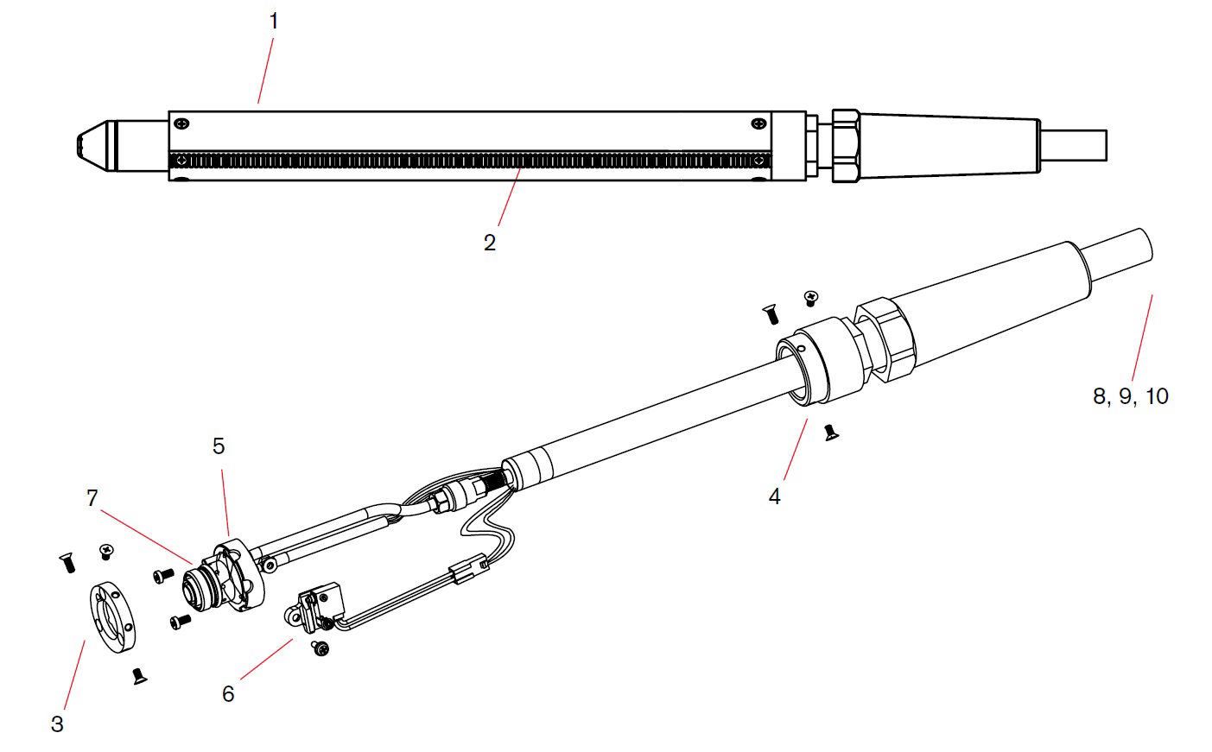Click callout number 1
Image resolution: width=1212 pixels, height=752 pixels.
(x=274, y=22)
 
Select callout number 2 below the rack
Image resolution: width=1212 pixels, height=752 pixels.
(x=490, y=243)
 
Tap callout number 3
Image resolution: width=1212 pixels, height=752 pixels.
(x=57, y=724)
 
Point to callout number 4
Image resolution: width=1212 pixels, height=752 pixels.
(x=774, y=496)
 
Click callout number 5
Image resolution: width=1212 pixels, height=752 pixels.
(x=219, y=446)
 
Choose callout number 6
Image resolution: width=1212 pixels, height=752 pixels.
(x=228, y=694)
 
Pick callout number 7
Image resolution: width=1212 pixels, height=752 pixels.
(x=92, y=498)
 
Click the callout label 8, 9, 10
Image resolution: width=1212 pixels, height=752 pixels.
(x=1130, y=396)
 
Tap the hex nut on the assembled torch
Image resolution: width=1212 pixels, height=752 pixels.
(x=846, y=144)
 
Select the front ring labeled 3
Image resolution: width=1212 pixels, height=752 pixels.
(x=113, y=619)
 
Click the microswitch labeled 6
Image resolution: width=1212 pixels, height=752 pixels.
(x=312, y=603)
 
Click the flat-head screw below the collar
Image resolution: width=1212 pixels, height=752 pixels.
(x=831, y=432)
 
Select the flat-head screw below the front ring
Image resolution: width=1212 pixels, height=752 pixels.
(x=138, y=676)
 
